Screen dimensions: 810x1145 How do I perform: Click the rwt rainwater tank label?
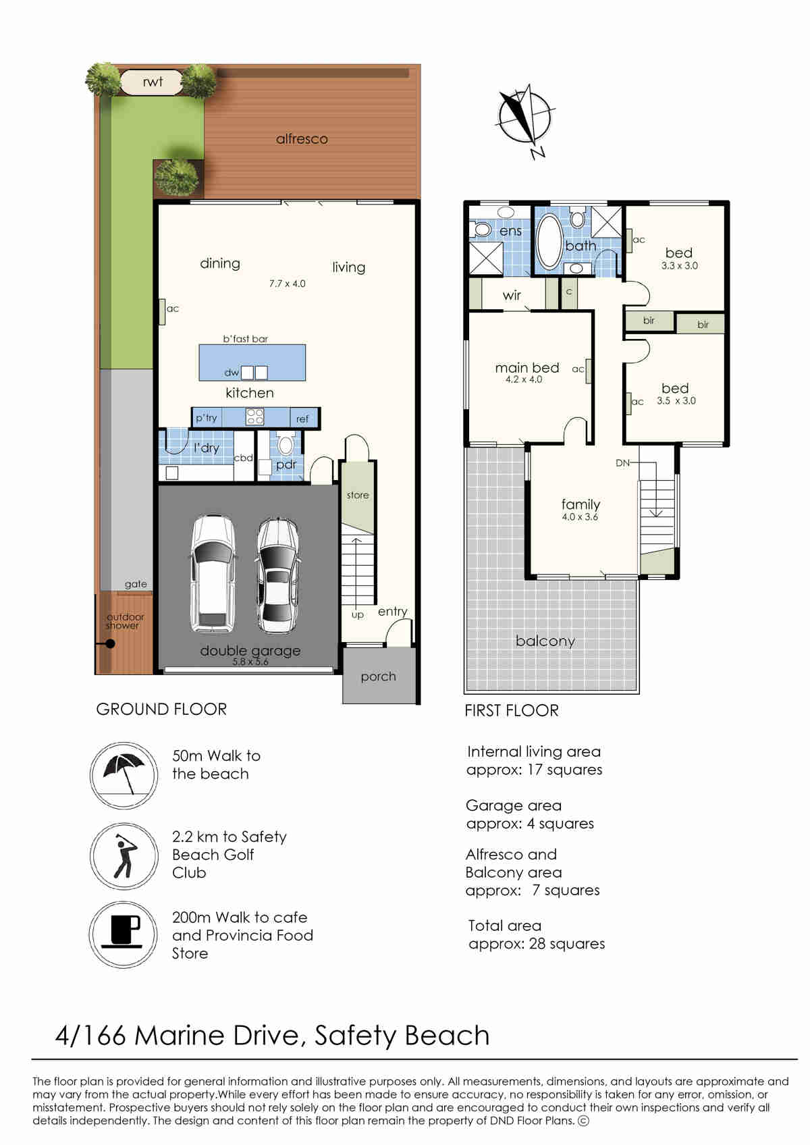pos(153,82)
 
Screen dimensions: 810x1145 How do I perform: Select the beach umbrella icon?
pos(124,775)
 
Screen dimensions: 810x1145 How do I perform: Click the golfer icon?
pos(124,855)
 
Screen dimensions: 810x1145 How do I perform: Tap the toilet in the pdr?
pos(286,444)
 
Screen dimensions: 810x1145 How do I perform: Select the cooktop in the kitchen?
pos(254,417)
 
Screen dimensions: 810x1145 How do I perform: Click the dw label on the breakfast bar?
pos(232,373)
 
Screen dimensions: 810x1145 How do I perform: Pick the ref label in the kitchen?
pos(302,419)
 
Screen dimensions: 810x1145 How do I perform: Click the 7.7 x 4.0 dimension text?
pos(287,284)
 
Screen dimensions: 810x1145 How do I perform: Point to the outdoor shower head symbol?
pos(109,643)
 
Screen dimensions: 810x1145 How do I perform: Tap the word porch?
pos(378,676)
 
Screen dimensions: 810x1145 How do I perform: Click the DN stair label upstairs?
pos(622,463)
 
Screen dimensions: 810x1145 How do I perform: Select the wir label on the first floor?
pos(512,296)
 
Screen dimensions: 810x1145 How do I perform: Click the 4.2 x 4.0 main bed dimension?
pos(524,379)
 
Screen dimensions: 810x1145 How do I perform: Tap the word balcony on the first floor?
pos(545,641)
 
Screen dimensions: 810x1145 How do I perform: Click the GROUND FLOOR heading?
pos(161,709)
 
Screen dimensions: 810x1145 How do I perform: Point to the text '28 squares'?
pos(567,944)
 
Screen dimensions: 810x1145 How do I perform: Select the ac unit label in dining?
pos(173,309)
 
